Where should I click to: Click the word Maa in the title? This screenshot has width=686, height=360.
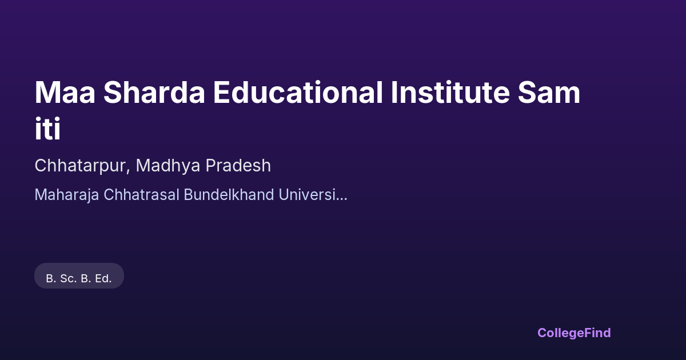(x=65, y=92)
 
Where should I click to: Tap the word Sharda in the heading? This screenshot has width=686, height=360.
(x=154, y=92)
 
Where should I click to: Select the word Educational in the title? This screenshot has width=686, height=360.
(x=298, y=92)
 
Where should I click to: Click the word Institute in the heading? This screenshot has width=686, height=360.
(x=450, y=92)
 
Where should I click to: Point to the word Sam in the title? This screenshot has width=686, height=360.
(x=549, y=92)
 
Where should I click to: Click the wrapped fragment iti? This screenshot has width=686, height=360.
(x=47, y=129)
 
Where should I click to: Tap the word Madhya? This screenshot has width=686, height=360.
(x=168, y=166)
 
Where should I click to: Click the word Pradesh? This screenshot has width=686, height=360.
(x=238, y=165)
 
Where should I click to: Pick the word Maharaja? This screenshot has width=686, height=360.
(x=66, y=195)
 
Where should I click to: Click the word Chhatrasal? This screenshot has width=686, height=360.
(x=141, y=194)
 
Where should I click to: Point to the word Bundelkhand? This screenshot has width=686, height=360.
(x=229, y=194)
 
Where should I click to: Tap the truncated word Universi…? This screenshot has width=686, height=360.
(x=313, y=194)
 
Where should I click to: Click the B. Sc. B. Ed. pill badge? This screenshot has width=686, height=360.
(x=79, y=276)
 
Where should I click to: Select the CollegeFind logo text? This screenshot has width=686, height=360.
(x=574, y=333)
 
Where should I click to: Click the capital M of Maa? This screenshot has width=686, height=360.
(x=45, y=93)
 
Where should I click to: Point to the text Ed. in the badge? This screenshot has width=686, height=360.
(x=103, y=279)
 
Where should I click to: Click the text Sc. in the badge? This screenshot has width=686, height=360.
(x=68, y=279)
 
